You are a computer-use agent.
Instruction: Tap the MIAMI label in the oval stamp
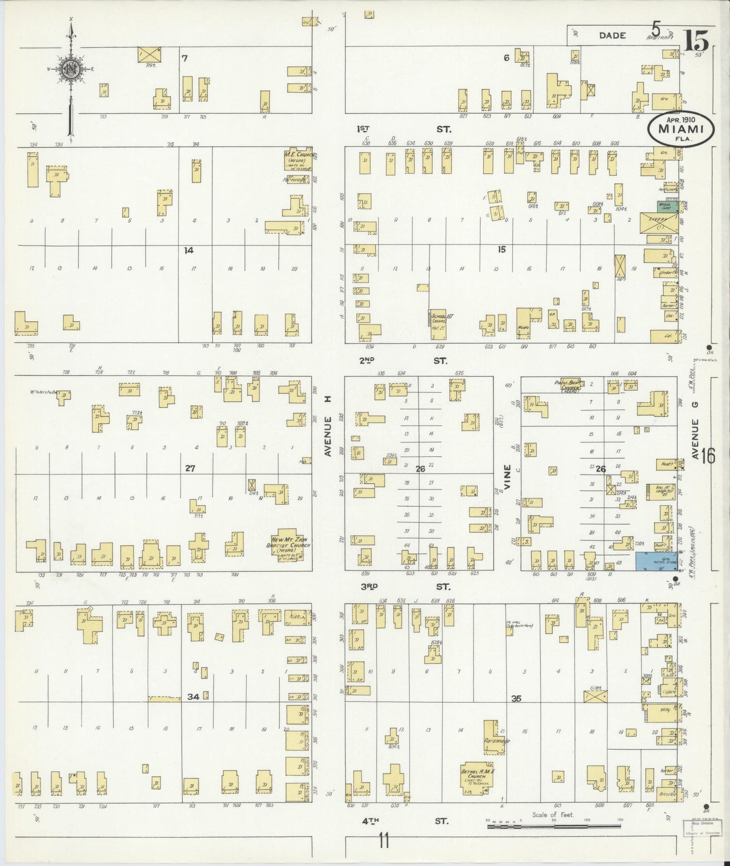tap(682, 129)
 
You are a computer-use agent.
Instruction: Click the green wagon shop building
tap(667, 206)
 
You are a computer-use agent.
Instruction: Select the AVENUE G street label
tap(696, 439)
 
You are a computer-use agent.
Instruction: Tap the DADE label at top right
tap(612, 35)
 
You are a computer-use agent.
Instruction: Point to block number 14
tap(188, 250)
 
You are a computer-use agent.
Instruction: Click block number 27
tap(189, 468)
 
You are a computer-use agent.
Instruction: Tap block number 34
tap(192, 697)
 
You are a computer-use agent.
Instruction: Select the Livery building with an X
tap(659, 223)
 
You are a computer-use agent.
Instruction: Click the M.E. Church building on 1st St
tap(297, 160)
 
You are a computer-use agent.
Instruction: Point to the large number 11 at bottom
tap(384, 841)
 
